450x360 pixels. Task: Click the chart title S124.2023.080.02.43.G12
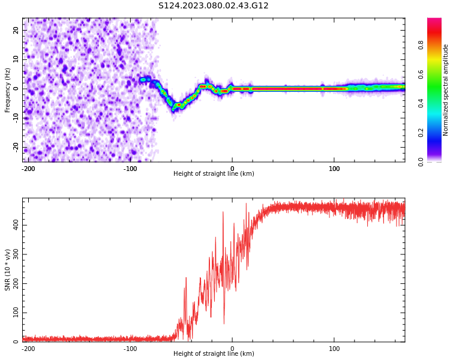pyautogui.click(x=213, y=6)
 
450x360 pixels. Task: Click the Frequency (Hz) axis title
pyautogui.click(x=8, y=90)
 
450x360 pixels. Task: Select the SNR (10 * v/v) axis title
pyautogui.click(x=8, y=270)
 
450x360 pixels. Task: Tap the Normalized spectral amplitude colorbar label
pyautogui.click(x=446, y=90)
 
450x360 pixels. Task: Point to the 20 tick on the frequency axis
pyautogui.click(x=16, y=30)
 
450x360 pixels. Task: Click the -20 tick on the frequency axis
pyautogui.click(x=14, y=147)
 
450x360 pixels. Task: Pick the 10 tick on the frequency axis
pyautogui.click(x=16, y=59)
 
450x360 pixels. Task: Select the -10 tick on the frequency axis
pyautogui.click(x=14, y=118)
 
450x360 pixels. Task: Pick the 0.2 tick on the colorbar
pyautogui.click(x=421, y=133)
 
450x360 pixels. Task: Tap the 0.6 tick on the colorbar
pyautogui.click(x=421, y=74)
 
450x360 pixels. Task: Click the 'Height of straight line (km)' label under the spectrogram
pyautogui.click(x=214, y=174)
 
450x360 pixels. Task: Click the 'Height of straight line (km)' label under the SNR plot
pyautogui.click(x=214, y=354)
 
